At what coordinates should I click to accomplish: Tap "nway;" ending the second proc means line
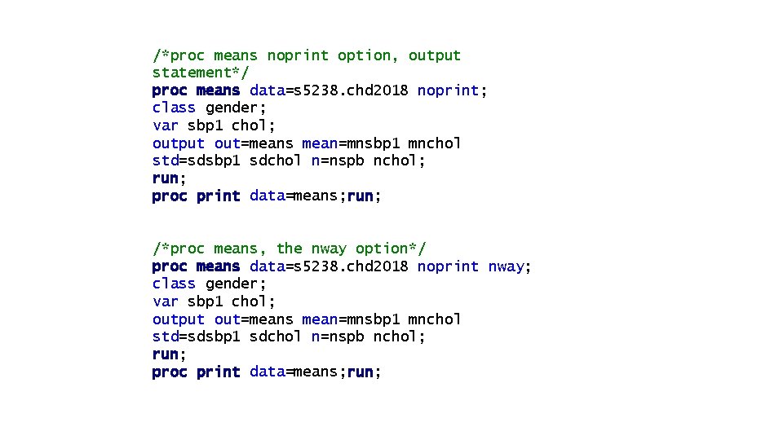click(509, 266)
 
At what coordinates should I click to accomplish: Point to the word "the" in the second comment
click(289, 249)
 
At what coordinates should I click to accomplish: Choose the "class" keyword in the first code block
click(174, 108)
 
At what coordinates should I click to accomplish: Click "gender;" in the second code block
click(236, 284)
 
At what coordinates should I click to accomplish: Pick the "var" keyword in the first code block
click(165, 125)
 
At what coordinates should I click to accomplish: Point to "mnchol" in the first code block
click(435, 143)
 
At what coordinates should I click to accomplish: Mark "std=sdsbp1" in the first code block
click(196, 161)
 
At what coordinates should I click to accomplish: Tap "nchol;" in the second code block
click(400, 337)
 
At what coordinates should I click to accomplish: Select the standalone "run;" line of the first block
click(169, 178)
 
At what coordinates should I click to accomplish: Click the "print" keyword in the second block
click(219, 372)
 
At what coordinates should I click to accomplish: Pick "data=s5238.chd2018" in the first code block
click(329, 90)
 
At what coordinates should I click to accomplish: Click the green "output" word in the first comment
click(435, 55)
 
